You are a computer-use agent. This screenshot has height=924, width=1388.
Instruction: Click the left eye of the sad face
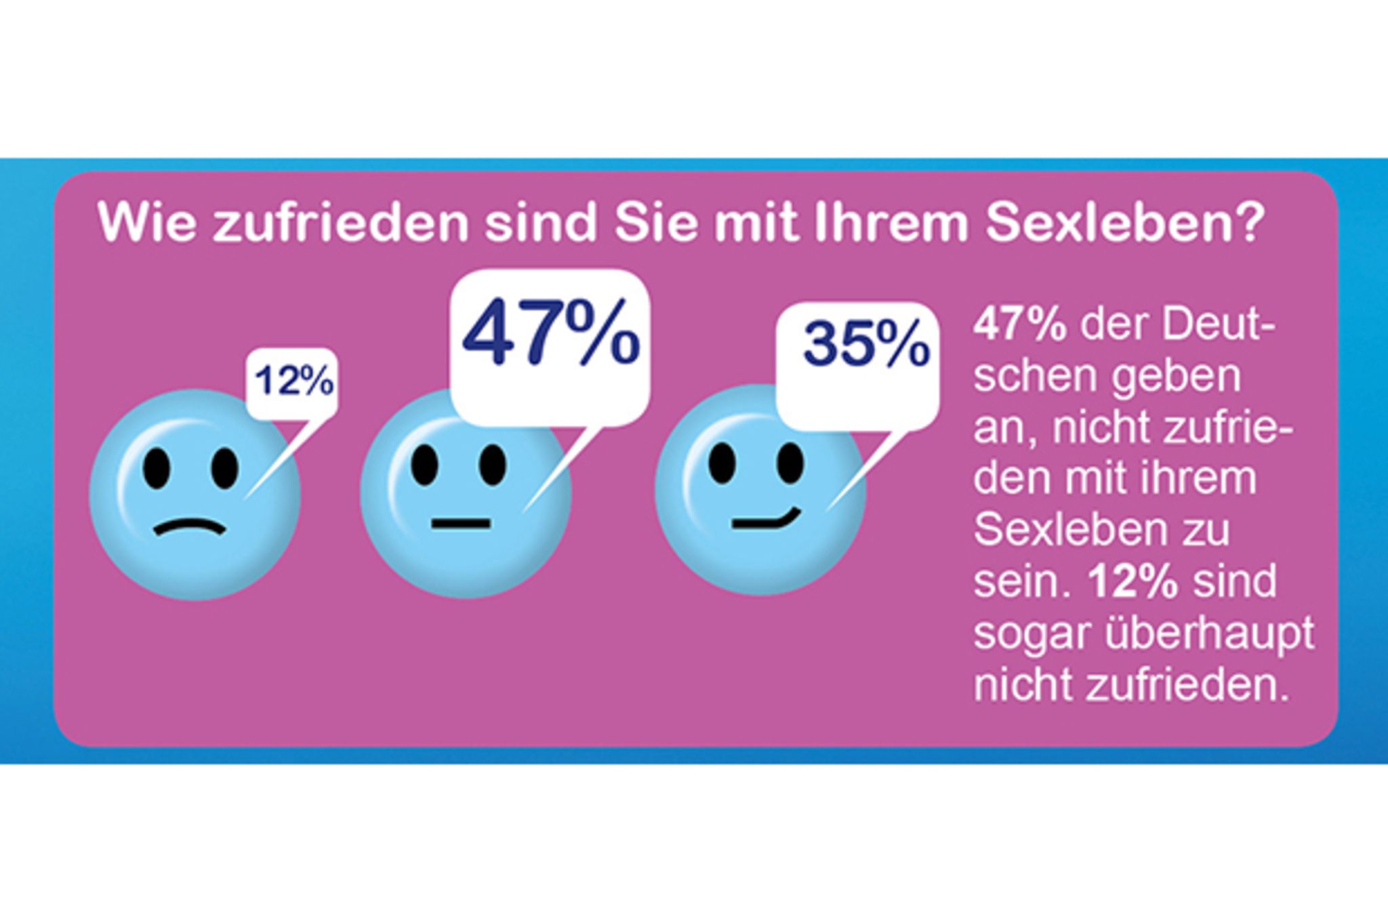[157, 467]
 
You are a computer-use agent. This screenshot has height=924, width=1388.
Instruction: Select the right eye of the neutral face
[493, 464]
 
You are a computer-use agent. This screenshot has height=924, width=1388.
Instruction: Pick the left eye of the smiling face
[722, 462]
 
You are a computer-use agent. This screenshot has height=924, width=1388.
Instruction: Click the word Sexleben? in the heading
[1125, 222]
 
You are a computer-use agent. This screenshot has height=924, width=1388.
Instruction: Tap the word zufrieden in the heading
[340, 222]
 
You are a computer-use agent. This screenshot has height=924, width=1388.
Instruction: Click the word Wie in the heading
[147, 222]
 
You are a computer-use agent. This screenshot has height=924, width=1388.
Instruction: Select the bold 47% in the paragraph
[1020, 326]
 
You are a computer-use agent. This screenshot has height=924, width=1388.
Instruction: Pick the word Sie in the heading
[655, 222]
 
